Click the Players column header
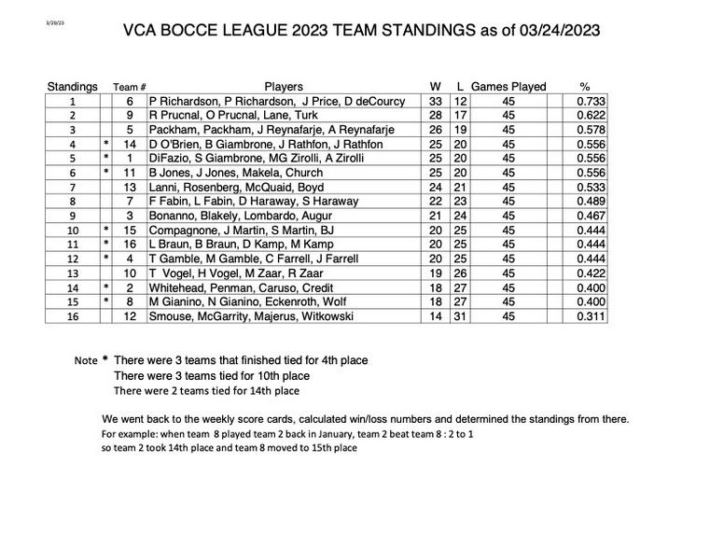(284, 87)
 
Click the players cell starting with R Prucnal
(219, 115)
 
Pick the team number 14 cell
(130, 145)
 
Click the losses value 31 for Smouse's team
(460, 317)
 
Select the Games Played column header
(508, 87)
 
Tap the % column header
(585, 87)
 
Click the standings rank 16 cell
(72, 317)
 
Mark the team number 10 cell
(130, 273)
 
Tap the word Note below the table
(85, 360)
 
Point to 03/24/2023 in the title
(546, 30)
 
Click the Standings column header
(72, 87)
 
